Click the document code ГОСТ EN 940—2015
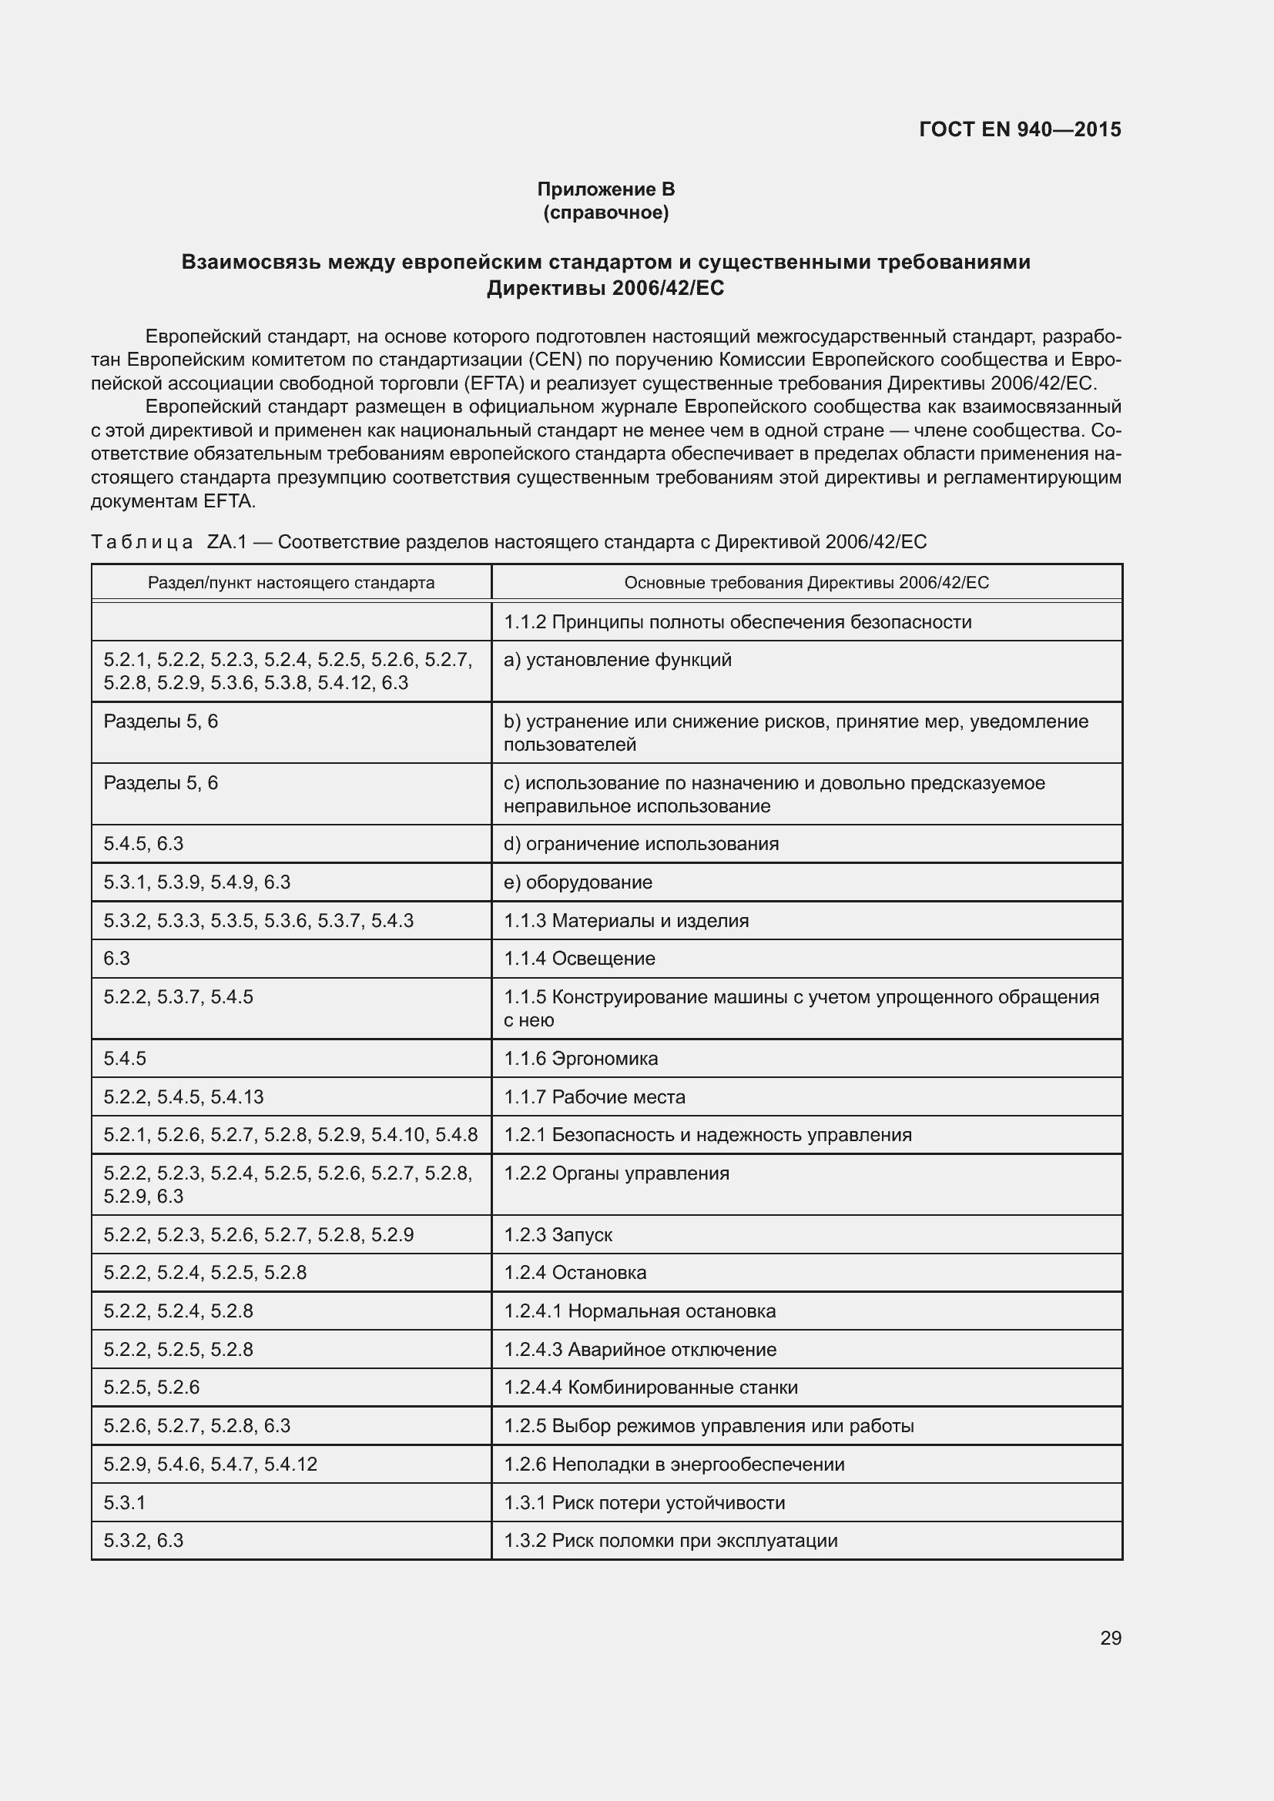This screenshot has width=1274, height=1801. coord(1019,129)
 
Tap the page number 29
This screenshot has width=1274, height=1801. coord(1110,1639)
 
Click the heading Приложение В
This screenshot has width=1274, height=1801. coord(605,189)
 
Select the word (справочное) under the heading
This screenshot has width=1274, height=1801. coord(605,213)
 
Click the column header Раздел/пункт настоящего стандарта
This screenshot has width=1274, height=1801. coord(291,583)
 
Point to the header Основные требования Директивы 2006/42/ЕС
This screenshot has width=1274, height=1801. coord(806,583)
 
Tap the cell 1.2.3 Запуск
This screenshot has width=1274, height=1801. coord(558,1234)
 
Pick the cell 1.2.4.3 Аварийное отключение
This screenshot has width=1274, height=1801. coord(640,1350)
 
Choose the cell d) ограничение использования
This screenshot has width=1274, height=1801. coord(642,844)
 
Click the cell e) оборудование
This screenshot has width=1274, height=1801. coord(578,882)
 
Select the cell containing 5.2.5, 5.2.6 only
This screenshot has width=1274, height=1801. coord(152,1388)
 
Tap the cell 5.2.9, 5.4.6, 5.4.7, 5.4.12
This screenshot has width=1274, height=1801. coord(210,1465)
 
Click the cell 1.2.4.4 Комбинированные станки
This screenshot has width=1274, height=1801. coord(651,1388)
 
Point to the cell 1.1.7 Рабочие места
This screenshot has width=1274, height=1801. coord(595,1097)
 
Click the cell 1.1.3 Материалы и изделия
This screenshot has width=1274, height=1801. coord(627,921)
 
